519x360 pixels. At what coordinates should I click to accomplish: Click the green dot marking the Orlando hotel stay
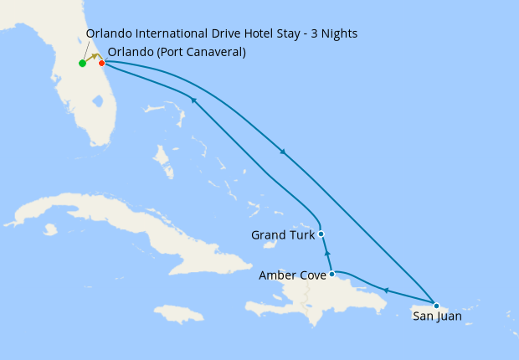[82, 64]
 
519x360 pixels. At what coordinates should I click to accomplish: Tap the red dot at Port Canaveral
[101, 63]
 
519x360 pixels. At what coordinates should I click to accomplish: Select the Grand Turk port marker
[321, 234]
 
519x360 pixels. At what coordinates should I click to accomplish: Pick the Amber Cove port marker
[332, 274]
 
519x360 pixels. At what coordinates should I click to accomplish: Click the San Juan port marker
[436, 305]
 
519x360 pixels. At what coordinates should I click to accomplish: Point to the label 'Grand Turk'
[282, 235]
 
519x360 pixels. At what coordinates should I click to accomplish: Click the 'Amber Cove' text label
[292, 275]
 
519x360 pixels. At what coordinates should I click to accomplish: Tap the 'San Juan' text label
[436, 317]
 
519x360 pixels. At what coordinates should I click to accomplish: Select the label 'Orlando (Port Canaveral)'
[177, 52]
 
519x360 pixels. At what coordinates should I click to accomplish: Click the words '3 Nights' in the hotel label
[334, 34]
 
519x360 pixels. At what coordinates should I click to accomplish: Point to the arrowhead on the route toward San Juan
[284, 152]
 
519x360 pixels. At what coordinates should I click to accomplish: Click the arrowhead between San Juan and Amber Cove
[386, 290]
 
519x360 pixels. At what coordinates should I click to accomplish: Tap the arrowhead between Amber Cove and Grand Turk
[327, 253]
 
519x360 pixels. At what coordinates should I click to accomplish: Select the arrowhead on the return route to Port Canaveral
[193, 100]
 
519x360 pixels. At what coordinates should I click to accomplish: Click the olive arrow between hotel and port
[95, 58]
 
